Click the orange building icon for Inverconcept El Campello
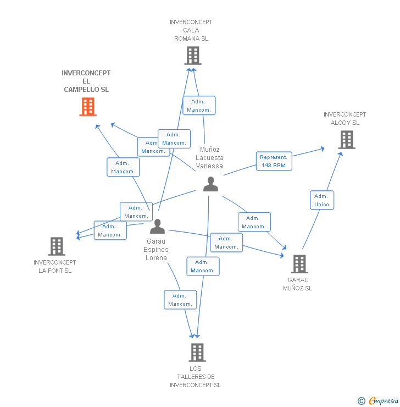(88, 107)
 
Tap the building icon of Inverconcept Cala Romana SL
(192, 56)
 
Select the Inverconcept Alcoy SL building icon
(347, 140)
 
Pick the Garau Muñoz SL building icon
(299, 264)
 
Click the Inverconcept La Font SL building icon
(57, 246)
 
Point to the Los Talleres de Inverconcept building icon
(197, 352)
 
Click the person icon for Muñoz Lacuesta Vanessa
(210, 184)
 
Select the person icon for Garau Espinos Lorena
(158, 227)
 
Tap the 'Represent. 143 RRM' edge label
(274, 161)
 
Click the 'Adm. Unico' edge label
(321, 200)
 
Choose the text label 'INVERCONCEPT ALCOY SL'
(345, 119)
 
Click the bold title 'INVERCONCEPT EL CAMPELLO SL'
(86, 81)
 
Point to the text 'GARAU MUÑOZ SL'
(297, 284)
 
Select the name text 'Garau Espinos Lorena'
(157, 249)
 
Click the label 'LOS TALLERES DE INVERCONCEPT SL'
(195, 377)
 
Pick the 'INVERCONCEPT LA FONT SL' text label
(55, 266)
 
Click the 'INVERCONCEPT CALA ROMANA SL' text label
(191, 30)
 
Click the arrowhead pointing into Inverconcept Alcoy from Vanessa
(322, 148)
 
